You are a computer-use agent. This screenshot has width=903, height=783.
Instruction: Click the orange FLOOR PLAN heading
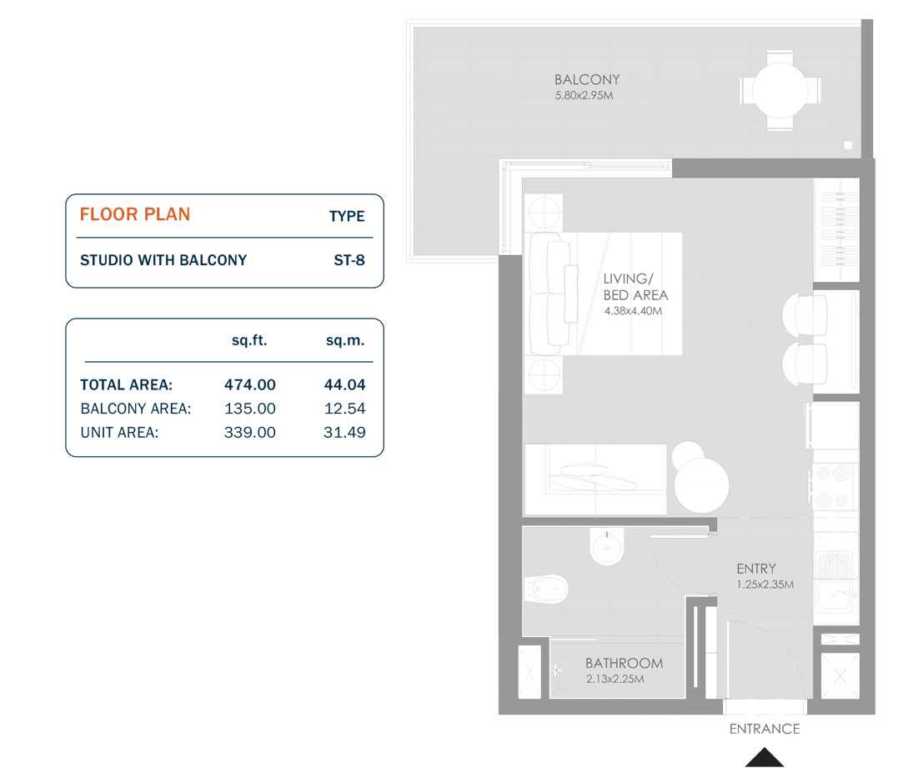click(135, 214)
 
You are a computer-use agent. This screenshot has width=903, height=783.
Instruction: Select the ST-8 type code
click(349, 260)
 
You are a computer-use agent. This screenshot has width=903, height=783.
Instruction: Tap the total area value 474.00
click(249, 385)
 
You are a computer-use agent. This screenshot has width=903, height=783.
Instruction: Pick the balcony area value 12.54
click(344, 409)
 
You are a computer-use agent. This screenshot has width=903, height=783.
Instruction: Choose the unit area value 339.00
click(249, 432)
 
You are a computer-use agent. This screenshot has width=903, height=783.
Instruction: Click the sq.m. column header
click(344, 340)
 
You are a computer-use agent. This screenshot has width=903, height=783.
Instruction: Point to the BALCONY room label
click(587, 80)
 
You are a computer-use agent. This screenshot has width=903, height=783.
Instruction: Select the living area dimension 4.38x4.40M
click(632, 311)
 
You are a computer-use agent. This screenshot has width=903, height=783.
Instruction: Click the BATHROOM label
click(624, 664)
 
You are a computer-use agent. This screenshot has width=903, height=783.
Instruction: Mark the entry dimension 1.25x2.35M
click(765, 585)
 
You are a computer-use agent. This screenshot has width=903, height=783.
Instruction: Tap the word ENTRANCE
click(764, 729)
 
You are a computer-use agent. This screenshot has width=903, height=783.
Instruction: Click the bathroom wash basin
click(605, 548)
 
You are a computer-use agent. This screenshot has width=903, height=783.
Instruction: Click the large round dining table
click(701, 485)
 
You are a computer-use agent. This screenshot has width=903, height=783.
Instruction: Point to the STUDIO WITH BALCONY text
click(163, 260)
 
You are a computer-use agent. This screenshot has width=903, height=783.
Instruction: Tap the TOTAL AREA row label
click(126, 385)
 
